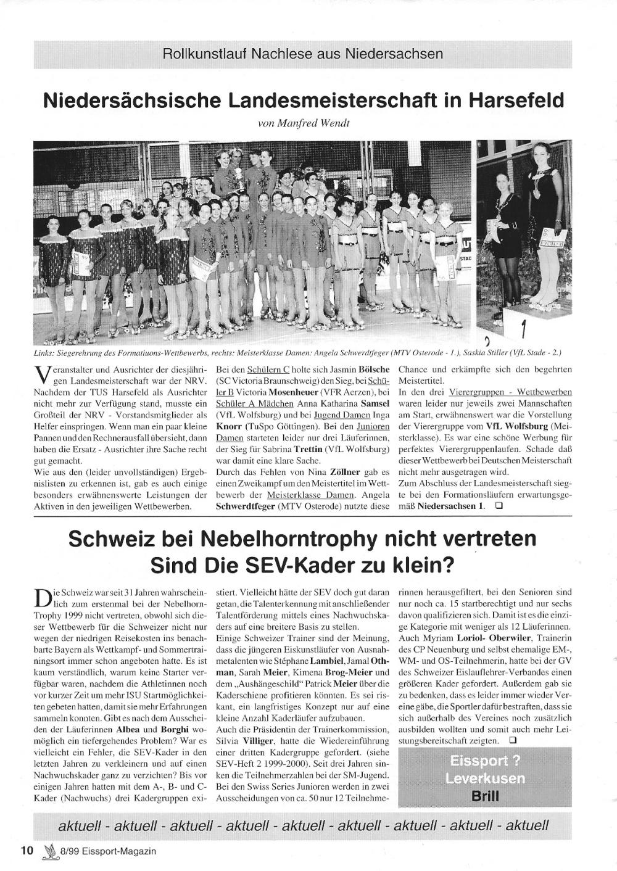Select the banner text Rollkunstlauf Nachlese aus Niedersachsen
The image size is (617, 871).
pyautogui.click(x=302, y=54)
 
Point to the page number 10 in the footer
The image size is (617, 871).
pyautogui.click(x=26, y=851)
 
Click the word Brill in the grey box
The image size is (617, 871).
pyautogui.click(x=485, y=795)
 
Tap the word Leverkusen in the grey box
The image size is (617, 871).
pyautogui.click(x=485, y=778)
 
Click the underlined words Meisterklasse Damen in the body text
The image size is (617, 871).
pyautogui.click(x=310, y=495)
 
